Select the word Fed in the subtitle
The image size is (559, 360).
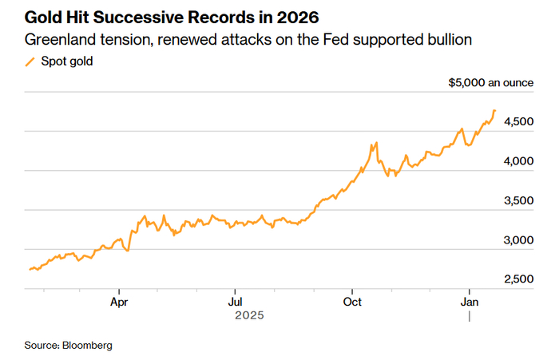[x=339, y=39]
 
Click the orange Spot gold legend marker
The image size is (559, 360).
[x=30, y=61]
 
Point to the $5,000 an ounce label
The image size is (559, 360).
[x=490, y=83]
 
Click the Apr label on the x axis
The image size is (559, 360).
[x=119, y=303]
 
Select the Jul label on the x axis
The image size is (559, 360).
[x=235, y=303]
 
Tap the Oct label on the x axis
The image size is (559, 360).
[x=352, y=303]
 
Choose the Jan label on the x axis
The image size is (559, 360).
[x=470, y=303]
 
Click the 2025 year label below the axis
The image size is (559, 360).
[x=249, y=316]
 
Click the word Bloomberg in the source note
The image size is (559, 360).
[x=87, y=346]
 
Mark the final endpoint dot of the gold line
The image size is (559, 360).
[x=495, y=111]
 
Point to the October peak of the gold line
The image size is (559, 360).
[x=374, y=144]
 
